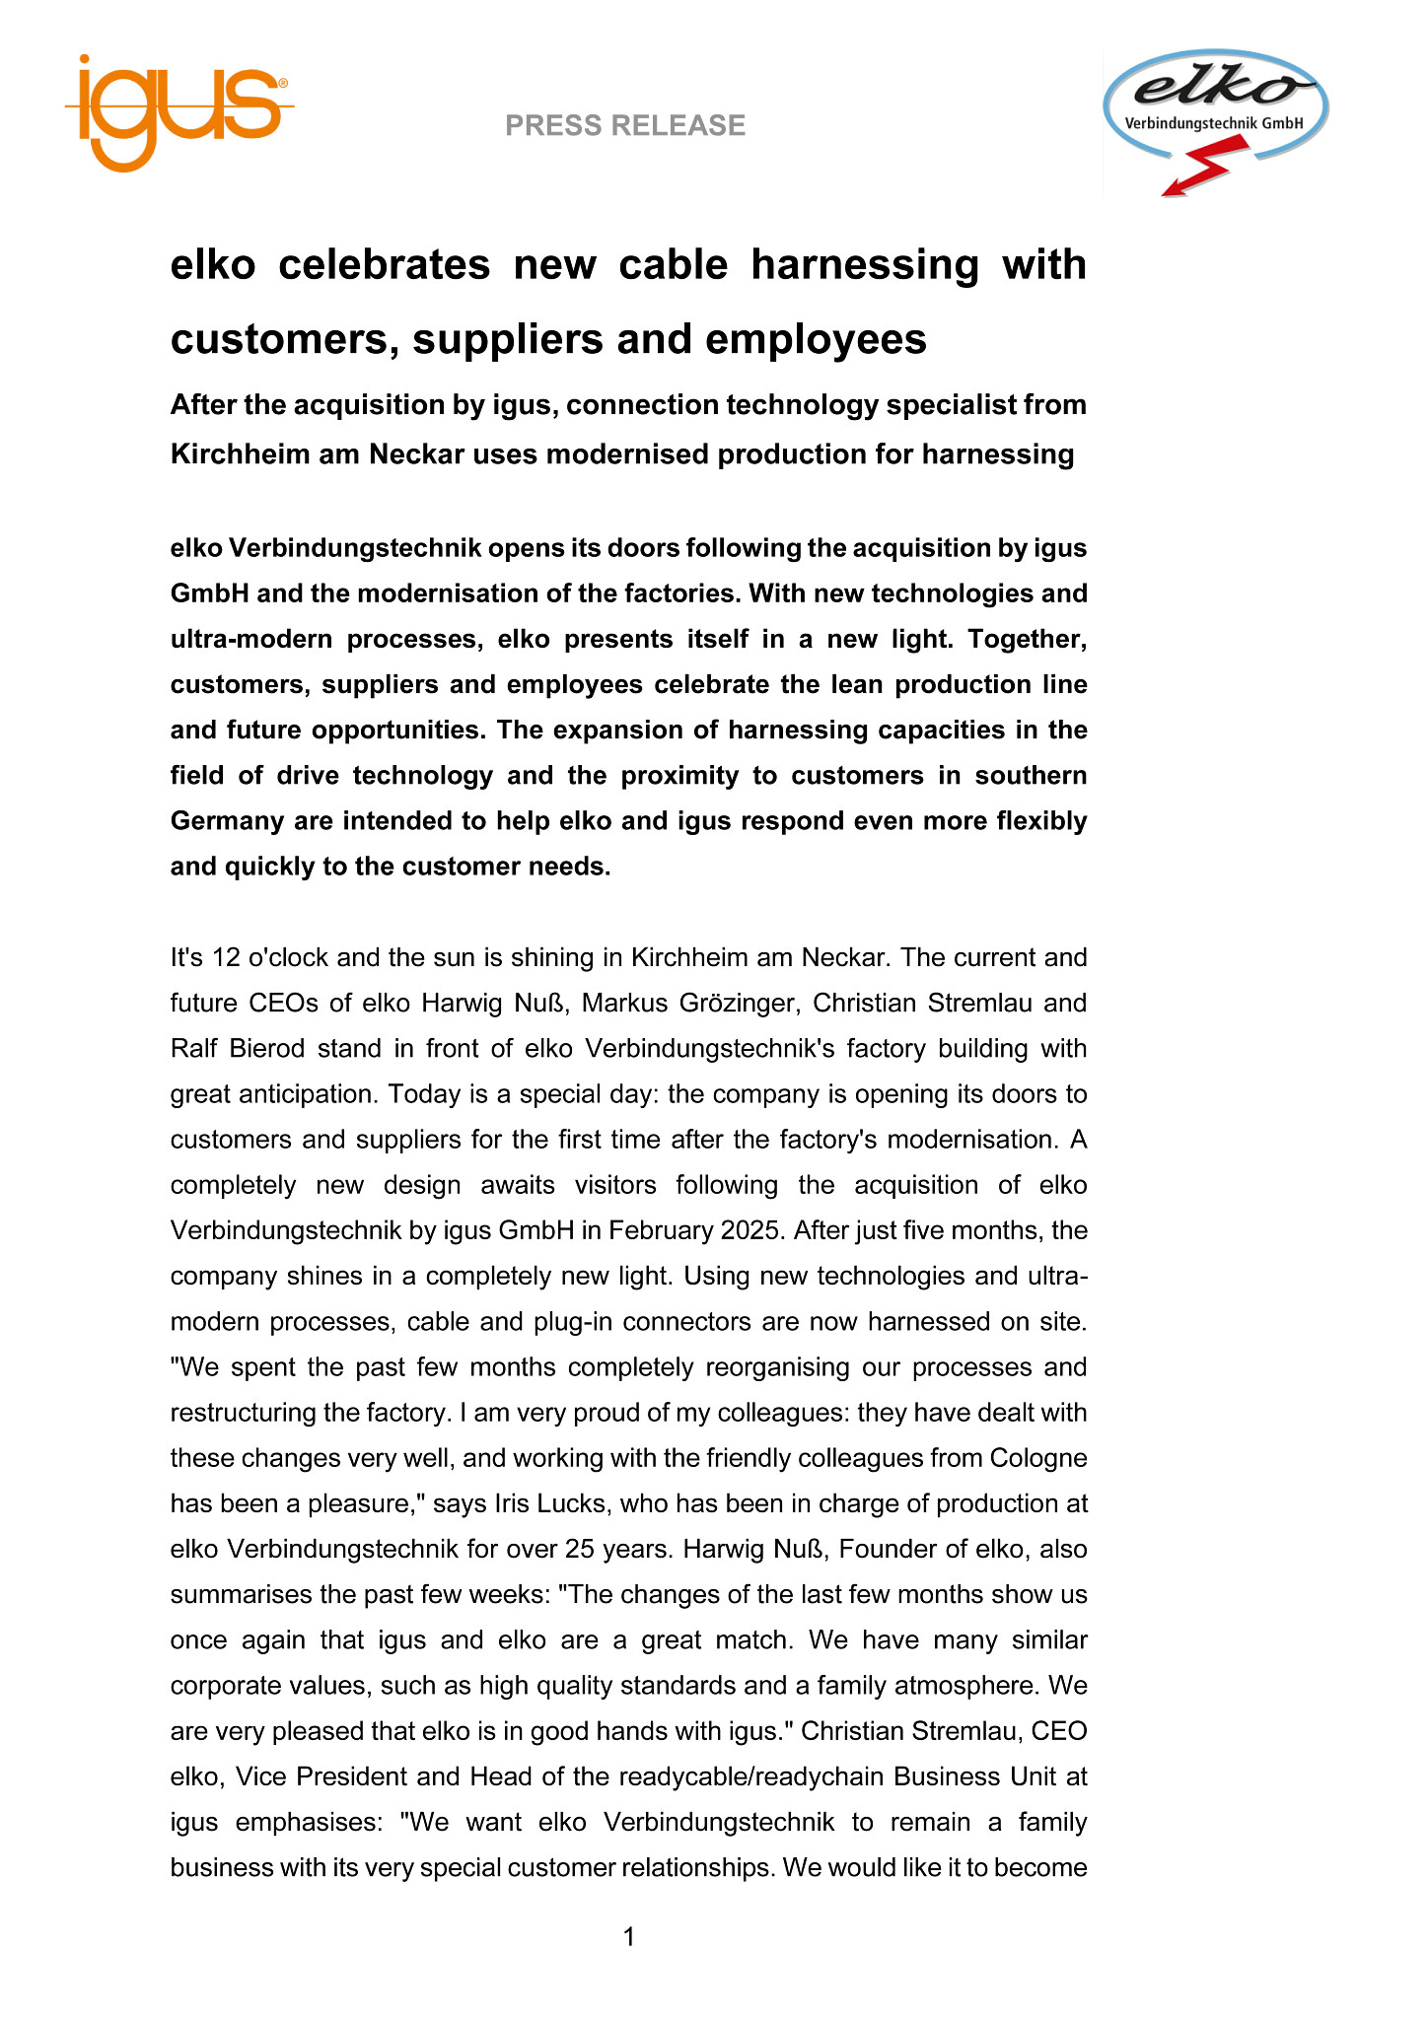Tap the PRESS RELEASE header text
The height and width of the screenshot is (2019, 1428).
pyautogui.click(x=625, y=125)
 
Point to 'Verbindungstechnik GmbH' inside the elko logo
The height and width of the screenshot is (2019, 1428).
pyautogui.click(x=1214, y=124)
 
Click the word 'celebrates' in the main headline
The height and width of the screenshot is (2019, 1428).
pyautogui.click(x=385, y=265)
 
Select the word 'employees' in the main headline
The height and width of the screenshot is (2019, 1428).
pyautogui.click(x=817, y=339)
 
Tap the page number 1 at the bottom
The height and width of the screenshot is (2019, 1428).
pyautogui.click(x=629, y=1938)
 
